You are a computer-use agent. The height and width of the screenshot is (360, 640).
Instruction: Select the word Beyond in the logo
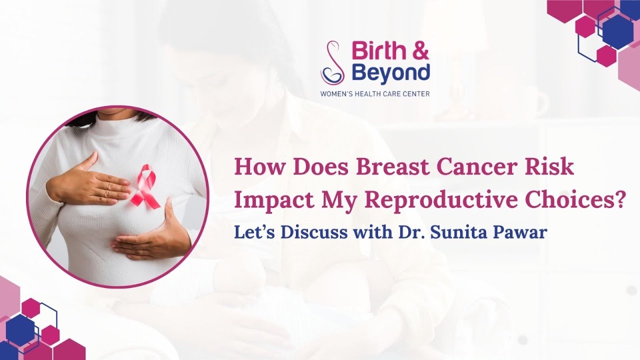click(390, 72)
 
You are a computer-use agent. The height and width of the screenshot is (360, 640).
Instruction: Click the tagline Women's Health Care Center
click(375, 93)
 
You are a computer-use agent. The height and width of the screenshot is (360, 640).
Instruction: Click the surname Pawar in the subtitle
click(524, 233)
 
